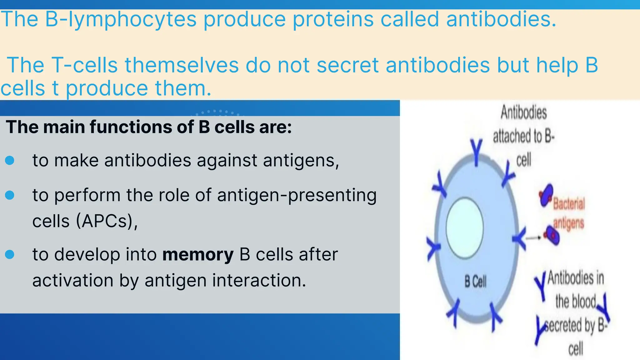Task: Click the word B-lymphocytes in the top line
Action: (121, 19)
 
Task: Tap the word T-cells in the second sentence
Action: (84, 65)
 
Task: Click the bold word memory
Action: (198, 254)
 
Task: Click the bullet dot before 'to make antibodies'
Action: (10, 161)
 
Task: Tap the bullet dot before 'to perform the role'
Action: (10, 195)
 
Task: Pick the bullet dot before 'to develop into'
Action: (10, 254)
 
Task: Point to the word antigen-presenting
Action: (297, 195)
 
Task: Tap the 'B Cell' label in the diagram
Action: (475, 282)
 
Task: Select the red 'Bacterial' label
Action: (569, 204)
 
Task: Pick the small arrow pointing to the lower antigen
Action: (533, 238)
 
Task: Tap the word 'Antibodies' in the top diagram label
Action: (524, 112)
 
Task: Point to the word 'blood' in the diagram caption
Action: (576, 302)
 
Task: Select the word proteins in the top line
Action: (333, 19)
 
